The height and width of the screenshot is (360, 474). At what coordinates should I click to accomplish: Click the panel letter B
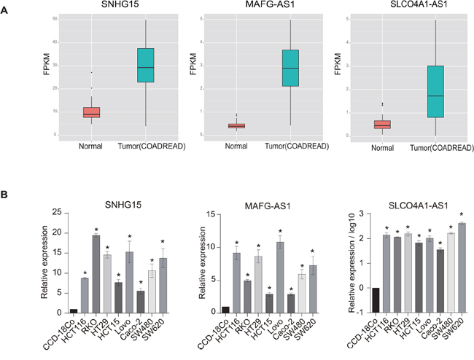tap(7, 195)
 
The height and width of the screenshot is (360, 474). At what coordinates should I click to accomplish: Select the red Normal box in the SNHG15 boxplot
tap(91, 112)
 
